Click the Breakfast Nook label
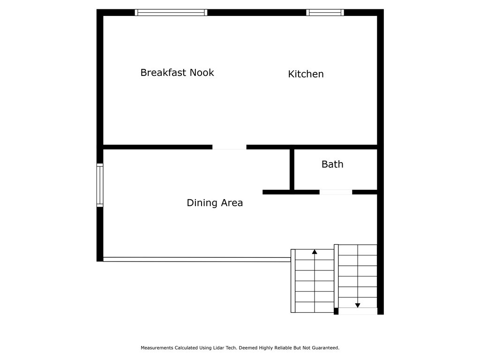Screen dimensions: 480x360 [177, 73]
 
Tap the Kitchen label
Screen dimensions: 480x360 [306, 74]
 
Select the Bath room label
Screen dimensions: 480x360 [332, 165]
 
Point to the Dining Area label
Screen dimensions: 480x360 [215, 202]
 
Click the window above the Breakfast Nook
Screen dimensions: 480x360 [171, 13]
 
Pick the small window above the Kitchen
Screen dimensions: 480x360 [325, 13]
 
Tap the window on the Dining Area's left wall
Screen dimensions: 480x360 [100, 185]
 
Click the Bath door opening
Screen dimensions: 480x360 [336, 192]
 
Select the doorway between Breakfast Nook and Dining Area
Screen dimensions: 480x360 [229, 147]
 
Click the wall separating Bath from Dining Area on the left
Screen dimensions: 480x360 [292, 170]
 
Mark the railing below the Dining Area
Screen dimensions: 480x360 [197, 260]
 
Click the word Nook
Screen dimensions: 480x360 [202, 73]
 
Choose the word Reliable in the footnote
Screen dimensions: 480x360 [283, 348]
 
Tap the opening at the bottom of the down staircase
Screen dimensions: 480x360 [358, 311]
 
